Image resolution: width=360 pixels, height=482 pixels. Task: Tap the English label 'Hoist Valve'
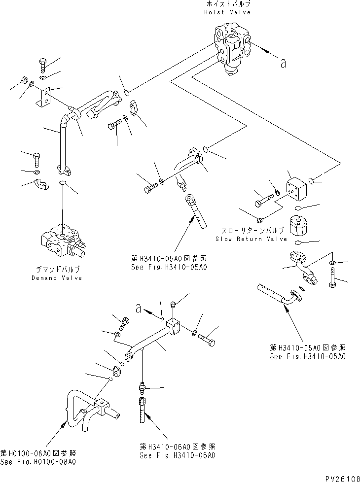tap(227, 12)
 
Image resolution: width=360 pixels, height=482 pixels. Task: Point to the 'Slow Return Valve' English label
tap(251, 239)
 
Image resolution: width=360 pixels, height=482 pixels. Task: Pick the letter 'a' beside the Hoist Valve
tap(283, 63)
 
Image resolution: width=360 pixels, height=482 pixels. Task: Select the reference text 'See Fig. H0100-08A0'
tap(38, 462)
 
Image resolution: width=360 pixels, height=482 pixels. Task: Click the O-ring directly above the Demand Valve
tap(62, 184)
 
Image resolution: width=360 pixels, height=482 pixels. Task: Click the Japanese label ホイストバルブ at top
tap(227, 4)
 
